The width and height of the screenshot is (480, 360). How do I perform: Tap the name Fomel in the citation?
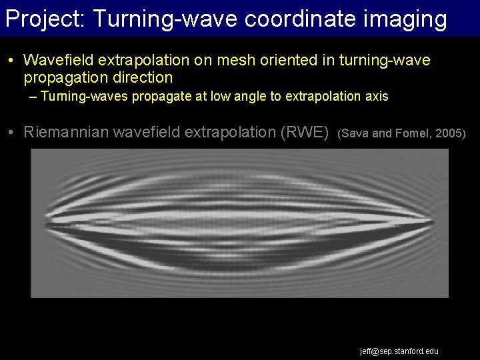tap(413, 133)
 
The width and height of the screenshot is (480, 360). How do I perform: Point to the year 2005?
tap(450, 133)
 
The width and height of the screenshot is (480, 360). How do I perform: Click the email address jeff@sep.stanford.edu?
tap(399, 351)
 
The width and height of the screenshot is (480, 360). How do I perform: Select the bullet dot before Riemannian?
tap(13, 132)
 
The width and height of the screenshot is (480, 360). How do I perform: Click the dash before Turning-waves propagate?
tap(34, 97)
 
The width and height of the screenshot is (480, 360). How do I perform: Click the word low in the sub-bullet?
tap(221, 97)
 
